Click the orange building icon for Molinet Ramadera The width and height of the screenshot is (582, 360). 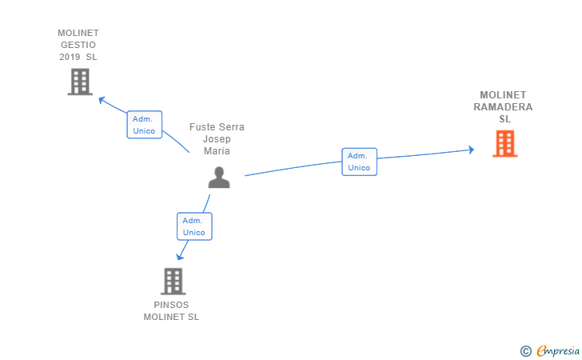point(504,143)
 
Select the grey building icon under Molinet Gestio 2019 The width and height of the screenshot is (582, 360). point(80,82)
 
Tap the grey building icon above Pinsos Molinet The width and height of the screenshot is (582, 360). point(173,281)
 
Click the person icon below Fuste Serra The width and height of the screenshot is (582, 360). point(218,178)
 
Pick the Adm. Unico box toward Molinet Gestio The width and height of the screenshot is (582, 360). point(144,125)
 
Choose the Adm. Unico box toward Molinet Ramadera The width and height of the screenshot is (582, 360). point(359,162)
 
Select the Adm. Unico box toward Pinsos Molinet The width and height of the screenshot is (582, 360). point(193,226)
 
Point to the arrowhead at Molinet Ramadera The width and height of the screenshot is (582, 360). point(471,150)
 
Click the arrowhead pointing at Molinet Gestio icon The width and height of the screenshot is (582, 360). point(102,100)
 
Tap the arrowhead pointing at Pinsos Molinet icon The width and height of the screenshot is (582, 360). point(180,257)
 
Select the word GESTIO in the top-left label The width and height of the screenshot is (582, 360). point(78,45)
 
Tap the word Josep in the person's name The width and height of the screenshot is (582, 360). point(217,139)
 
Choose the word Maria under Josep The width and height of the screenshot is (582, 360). point(217,151)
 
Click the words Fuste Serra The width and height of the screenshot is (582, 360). point(217,127)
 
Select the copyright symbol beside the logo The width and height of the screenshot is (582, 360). point(525,350)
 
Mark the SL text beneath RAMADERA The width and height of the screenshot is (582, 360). point(504,119)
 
